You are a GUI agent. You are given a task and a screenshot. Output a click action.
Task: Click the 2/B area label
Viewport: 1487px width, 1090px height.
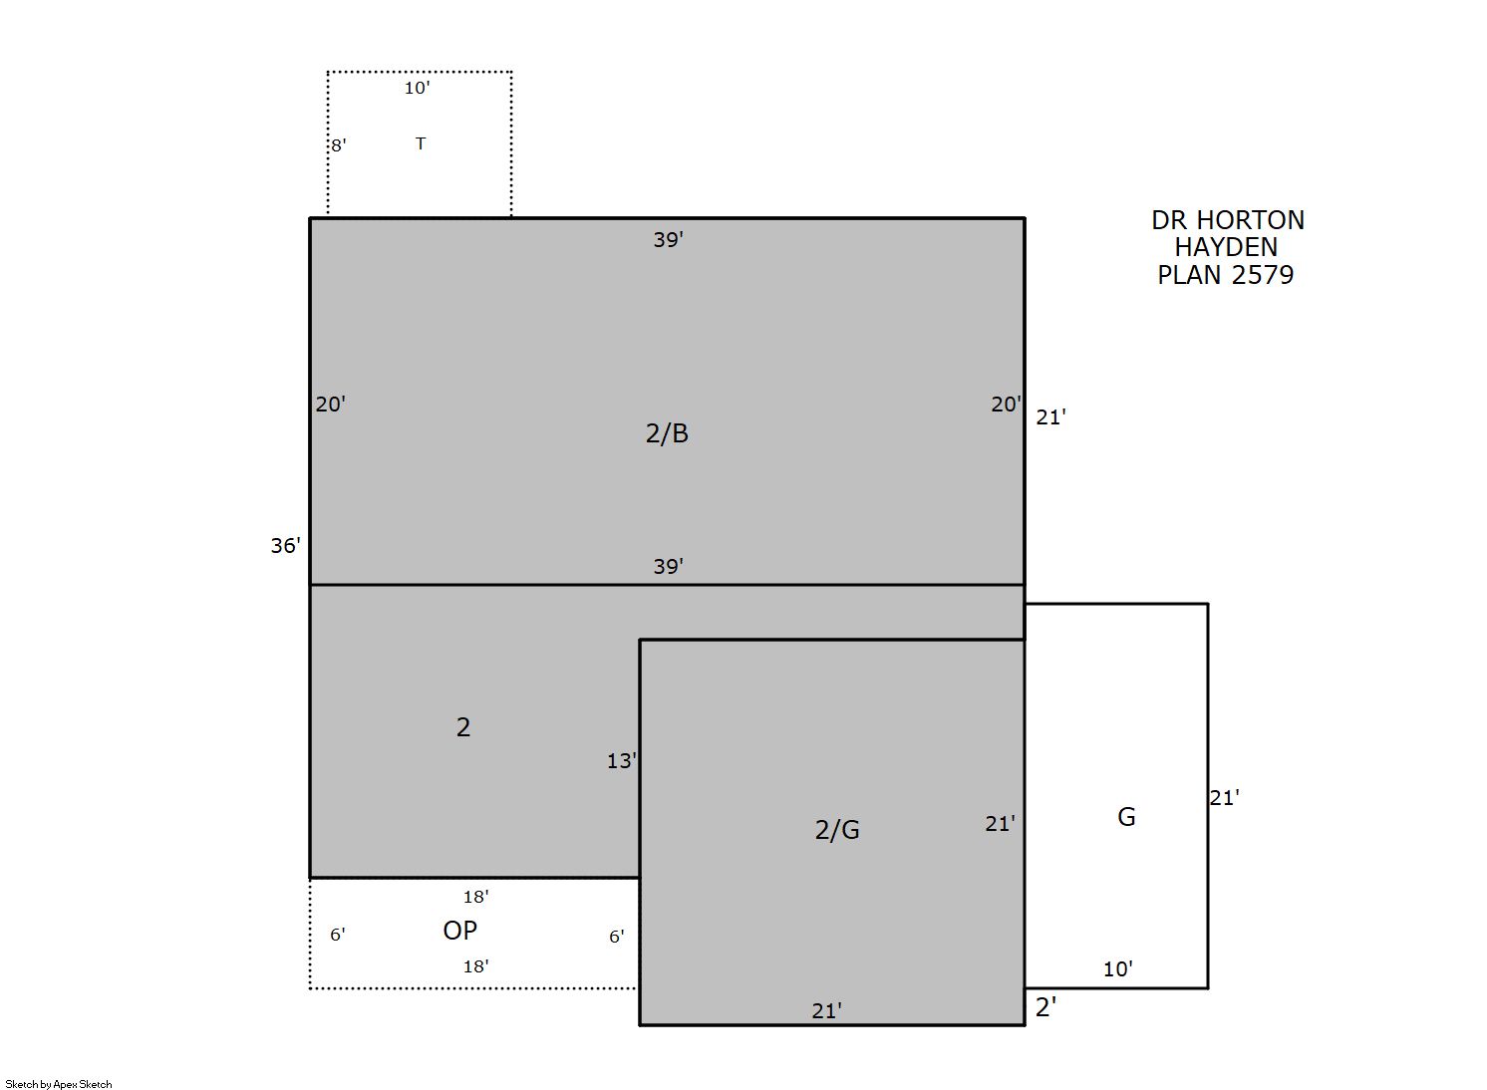coord(667,433)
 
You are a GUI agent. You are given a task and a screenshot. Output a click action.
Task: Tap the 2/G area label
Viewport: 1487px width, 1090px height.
coord(837,830)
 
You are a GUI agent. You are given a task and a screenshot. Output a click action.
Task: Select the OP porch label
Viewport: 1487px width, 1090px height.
coord(460,931)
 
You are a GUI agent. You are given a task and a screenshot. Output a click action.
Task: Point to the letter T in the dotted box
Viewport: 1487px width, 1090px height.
coord(421,142)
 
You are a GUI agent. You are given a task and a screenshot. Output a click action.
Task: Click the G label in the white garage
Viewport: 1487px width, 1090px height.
coord(1126,817)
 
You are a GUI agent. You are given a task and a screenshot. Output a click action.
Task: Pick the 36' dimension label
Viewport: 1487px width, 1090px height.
coord(285,546)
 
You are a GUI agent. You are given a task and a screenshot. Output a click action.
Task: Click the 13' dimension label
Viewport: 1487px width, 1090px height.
coord(621,761)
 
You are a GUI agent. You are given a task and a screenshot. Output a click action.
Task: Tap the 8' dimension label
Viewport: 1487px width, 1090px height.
coord(339,145)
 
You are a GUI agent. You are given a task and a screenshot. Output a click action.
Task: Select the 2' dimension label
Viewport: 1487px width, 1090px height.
coord(1046,1007)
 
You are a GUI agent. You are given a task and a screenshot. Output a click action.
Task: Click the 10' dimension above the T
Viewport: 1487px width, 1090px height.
coord(417,88)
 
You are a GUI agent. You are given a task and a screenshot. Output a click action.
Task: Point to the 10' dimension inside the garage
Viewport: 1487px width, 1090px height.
coord(1118,969)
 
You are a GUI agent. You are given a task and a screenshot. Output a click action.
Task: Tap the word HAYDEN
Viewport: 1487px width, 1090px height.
coord(1226,248)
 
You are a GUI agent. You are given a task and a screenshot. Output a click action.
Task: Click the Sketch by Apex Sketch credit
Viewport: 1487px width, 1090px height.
coord(59,1085)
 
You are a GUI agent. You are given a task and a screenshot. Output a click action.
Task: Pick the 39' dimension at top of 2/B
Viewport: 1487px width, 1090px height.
coord(669,240)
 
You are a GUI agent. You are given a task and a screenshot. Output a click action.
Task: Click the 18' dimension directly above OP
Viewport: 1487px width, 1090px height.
coord(476,898)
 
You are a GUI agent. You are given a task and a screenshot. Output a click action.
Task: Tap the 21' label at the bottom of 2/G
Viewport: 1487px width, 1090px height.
coord(827,1011)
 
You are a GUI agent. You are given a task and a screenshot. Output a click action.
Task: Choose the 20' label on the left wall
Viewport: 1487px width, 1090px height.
coord(331,405)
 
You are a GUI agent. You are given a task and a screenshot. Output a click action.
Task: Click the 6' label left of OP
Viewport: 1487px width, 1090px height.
coord(338,935)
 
